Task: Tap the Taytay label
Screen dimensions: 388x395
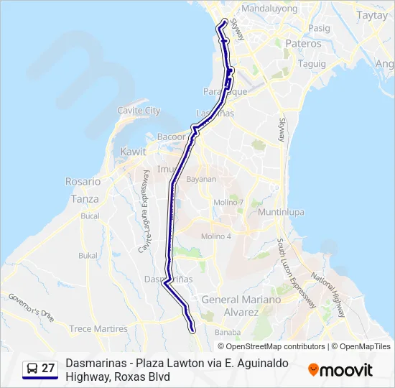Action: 372,15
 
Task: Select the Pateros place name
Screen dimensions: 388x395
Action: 303,44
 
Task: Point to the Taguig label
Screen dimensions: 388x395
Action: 312,63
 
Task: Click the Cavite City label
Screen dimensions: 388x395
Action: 139,111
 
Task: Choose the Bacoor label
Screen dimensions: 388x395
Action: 171,137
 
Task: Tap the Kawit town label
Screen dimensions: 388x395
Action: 134,152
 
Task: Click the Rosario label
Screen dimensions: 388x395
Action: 83,182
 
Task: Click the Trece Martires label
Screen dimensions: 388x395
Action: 98,329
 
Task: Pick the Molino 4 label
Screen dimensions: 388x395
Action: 216,236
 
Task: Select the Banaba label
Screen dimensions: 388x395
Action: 228,332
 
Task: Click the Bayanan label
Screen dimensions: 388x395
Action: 201,179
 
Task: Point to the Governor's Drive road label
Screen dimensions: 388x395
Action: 31,306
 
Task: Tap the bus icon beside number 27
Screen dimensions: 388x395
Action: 32,369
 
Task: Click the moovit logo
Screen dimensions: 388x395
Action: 340,369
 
